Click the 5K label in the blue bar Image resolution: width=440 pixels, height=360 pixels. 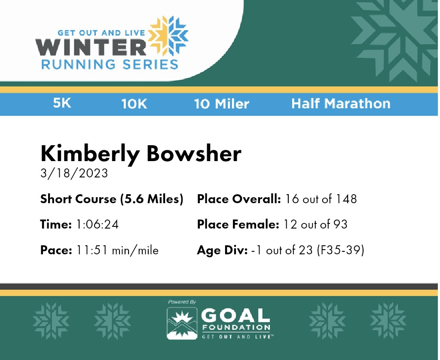(62, 103)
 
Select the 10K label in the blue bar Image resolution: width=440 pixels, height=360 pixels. (134, 104)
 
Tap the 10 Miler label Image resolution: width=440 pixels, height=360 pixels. (222, 104)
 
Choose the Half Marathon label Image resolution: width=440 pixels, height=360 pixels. (341, 104)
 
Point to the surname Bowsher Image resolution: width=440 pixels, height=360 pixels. (194, 153)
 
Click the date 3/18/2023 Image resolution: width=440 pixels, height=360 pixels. (74, 173)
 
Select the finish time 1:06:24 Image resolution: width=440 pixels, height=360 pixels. (98, 225)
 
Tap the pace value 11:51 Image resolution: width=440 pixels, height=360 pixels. (92, 250)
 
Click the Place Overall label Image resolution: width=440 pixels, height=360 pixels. (239, 199)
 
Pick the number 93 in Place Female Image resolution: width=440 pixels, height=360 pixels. (340, 225)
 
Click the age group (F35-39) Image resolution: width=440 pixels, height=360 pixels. (341, 250)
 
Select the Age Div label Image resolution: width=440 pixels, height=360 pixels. (222, 250)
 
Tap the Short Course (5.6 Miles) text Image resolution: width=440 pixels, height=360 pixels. (112, 199)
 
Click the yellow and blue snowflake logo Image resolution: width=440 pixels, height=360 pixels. (168, 36)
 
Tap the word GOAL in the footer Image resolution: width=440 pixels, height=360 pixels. (236, 315)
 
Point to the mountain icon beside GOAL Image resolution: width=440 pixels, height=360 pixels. (182, 323)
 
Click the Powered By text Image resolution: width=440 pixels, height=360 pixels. (182, 302)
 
